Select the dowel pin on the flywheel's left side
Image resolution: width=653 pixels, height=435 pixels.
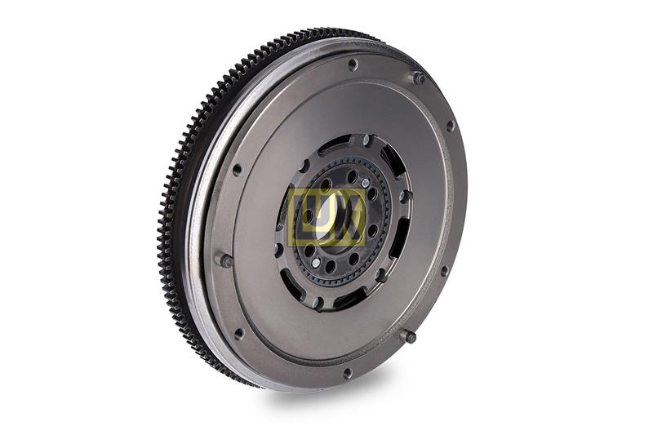(x=225, y=261)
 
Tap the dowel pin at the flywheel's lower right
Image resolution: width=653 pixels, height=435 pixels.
(x=411, y=337)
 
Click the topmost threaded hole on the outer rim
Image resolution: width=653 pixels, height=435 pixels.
(x=353, y=64)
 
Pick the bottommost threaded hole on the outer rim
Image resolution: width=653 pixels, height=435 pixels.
(x=348, y=372)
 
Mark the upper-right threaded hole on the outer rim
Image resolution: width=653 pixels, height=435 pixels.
(x=450, y=126)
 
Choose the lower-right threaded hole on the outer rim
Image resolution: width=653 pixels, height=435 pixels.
(x=444, y=271)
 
